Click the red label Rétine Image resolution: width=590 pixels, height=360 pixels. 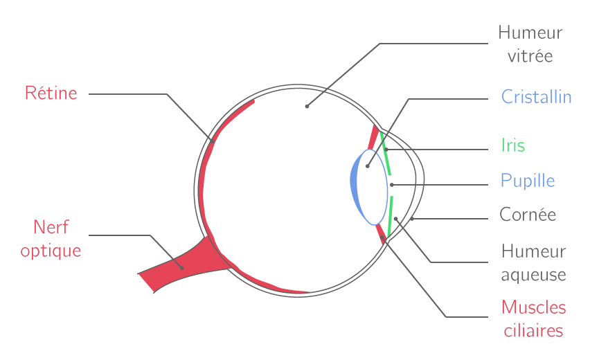coord(51,93)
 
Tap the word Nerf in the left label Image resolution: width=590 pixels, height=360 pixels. coord(51,227)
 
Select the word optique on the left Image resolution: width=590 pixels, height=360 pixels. coord(51,251)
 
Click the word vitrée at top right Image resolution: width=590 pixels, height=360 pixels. coord(530,56)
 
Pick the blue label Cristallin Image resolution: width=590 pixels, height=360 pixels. coord(536,97)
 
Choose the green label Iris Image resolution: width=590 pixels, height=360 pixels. coord(513,145)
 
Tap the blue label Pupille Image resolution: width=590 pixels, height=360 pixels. coord(528,181)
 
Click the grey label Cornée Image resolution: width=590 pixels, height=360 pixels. coord(528,215)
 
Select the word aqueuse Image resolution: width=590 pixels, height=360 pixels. coord(533,275)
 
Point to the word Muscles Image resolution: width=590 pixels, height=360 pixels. coord(533,307)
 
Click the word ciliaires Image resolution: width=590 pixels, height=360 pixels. coord(533,331)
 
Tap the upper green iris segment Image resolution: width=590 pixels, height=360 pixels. coord(385,154)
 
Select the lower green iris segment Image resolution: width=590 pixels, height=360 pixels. coord(390,216)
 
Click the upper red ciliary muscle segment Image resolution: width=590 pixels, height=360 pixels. coord(373,138)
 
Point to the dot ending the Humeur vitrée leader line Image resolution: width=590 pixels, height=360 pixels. coord(307,107)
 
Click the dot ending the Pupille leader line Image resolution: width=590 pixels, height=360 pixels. coord(392,185)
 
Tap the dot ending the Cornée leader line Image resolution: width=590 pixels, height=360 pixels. coord(412,219)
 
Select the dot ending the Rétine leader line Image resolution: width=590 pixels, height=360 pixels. coord(213,141)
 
